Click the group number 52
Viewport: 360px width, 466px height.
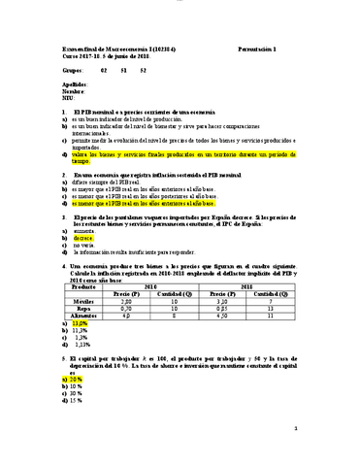pyautogui.click(x=144, y=69)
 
